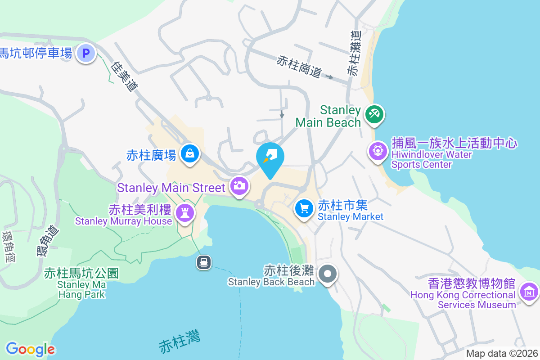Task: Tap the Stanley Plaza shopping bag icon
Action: click(190, 154)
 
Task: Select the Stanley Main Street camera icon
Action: click(239, 185)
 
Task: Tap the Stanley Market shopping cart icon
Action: click(304, 208)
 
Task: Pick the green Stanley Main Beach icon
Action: click(373, 113)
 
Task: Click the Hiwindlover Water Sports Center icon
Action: click(378, 150)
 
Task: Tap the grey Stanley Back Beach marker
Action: click(328, 274)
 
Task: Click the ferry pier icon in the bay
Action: click(204, 262)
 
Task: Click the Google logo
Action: click(30, 349)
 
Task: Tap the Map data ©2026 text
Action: click(502, 354)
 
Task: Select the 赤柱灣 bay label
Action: click(180, 342)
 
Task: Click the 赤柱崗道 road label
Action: click(299, 66)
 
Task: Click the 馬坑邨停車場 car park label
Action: click(36, 54)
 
